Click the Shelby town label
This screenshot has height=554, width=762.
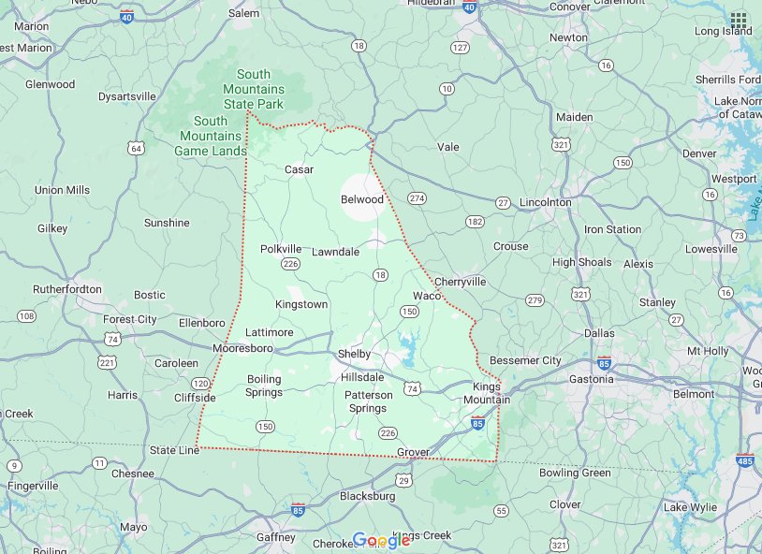click(354, 354)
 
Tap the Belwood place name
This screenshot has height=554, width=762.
click(362, 199)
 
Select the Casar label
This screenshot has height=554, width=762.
click(299, 169)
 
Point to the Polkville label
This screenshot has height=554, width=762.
click(281, 249)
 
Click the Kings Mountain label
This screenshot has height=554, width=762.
click(491, 393)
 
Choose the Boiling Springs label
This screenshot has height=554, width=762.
click(264, 386)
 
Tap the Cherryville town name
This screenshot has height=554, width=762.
click(460, 281)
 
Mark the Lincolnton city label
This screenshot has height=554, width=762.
click(545, 202)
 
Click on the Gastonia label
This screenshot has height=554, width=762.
click(592, 379)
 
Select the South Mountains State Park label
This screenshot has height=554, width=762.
click(253, 89)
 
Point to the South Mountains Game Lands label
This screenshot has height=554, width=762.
click(211, 136)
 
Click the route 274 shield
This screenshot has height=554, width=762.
click(417, 198)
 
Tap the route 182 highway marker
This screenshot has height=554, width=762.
click(475, 222)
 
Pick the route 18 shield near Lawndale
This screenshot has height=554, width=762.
click(379, 274)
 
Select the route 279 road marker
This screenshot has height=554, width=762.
click(535, 300)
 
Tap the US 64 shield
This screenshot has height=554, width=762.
click(138, 148)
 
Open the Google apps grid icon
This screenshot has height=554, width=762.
click(739, 20)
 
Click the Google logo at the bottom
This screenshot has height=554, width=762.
click(381, 540)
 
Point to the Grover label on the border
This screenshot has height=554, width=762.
click(413, 452)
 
